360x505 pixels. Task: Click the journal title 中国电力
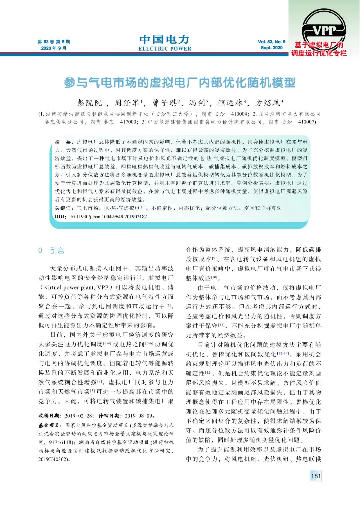pos(164,40)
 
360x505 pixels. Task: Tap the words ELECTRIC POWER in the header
pos(165,49)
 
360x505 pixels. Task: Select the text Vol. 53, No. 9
pos(271,42)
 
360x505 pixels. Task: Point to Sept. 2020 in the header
pos(271,48)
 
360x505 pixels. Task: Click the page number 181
pos(315,476)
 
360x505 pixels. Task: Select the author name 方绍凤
pos(268,102)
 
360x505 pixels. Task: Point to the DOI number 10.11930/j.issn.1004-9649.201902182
pos(108,217)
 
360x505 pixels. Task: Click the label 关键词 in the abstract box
pos(64,208)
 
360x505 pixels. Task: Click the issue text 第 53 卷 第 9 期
pos(54,42)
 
